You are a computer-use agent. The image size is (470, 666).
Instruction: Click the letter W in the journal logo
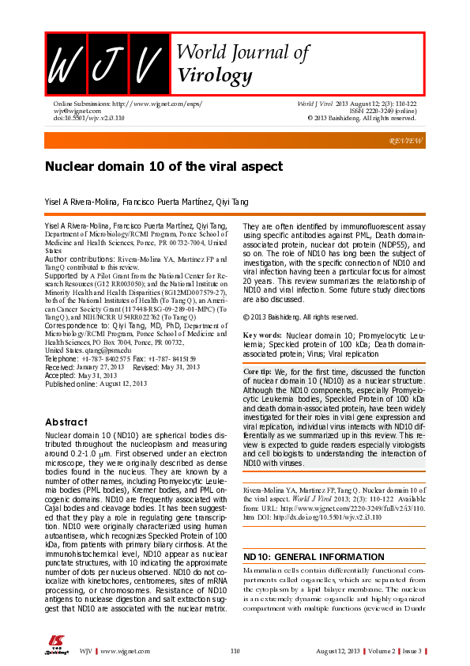65,64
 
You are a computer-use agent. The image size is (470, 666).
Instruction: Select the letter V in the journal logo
148,64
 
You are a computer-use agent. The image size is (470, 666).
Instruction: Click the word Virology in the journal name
215,76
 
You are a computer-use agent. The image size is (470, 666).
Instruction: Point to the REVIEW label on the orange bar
406,141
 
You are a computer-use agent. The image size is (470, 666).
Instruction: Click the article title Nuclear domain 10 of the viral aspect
152,168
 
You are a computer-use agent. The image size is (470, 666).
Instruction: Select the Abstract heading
66,422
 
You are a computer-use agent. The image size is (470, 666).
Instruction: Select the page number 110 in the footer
235,650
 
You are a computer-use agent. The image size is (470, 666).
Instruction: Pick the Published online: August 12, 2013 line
96,384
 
